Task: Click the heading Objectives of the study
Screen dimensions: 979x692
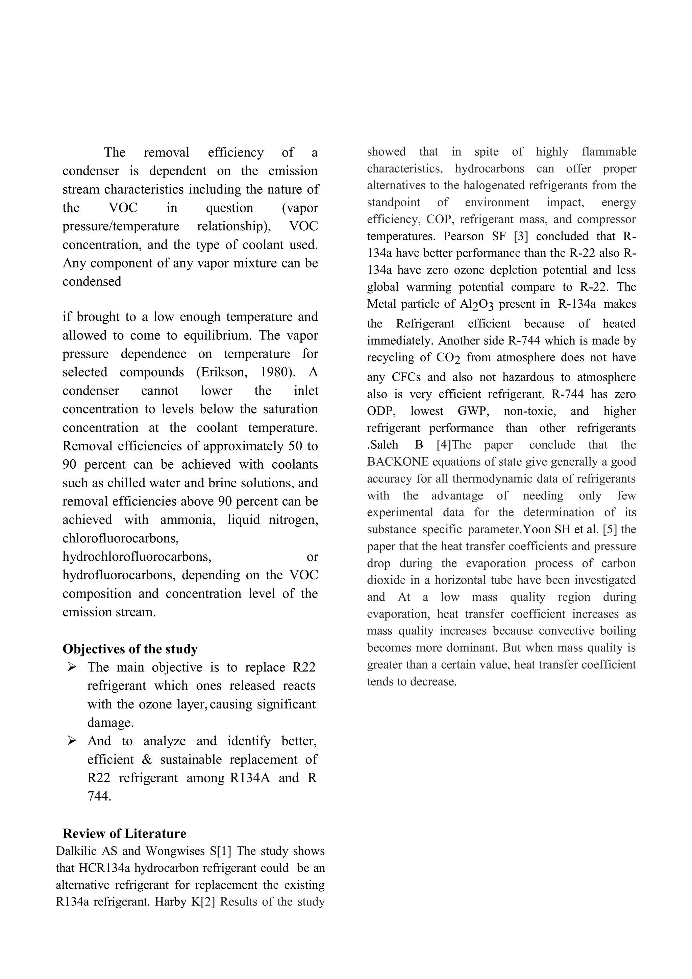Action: (130, 649)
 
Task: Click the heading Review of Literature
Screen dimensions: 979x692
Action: (124, 833)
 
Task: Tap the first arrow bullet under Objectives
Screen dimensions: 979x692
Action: (72, 667)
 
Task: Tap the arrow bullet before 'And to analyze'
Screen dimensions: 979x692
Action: (72, 741)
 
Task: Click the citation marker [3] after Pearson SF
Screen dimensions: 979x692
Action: (521, 236)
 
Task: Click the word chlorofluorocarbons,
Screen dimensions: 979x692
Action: (121, 538)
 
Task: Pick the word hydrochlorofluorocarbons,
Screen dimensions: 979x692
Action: (137, 556)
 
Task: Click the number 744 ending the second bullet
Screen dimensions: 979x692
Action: (99, 796)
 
